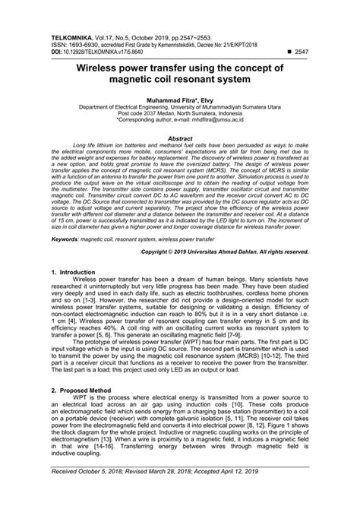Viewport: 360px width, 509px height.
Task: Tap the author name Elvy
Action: click(x=211, y=100)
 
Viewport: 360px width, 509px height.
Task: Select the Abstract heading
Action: click(x=179, y=139)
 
